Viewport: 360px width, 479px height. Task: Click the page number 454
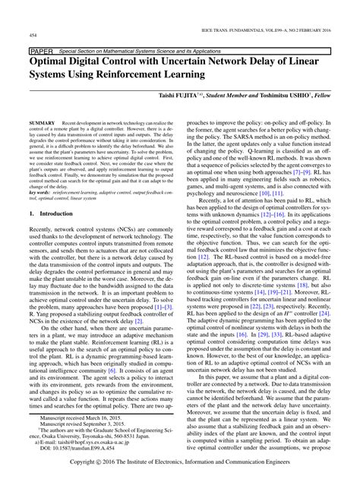tap(33, 35)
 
